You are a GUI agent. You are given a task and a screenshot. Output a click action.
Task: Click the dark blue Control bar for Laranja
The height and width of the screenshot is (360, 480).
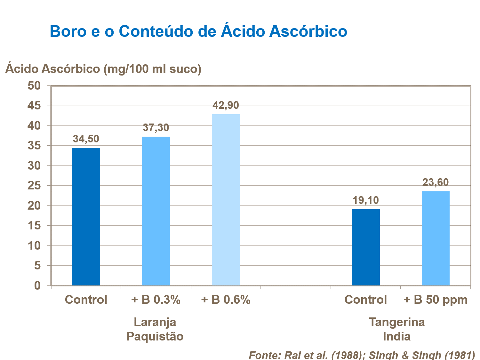tap(86, 217)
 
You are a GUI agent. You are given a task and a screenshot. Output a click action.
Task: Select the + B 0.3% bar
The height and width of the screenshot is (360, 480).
tap(156, 211)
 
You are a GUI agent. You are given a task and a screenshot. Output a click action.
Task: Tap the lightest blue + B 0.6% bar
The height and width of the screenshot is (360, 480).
tap(226, 200)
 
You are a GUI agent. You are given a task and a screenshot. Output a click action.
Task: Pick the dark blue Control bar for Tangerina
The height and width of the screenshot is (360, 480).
tap(365, 247)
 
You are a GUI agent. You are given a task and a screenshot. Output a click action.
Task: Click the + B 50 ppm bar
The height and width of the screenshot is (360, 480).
tap(436, 238)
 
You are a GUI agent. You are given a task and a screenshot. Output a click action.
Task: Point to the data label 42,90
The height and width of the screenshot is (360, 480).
tap(226, 105)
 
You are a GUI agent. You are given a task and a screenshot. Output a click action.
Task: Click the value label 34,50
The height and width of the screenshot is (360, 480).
tap(86, 139)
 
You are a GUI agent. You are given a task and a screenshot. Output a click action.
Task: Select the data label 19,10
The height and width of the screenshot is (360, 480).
tap(365, 200)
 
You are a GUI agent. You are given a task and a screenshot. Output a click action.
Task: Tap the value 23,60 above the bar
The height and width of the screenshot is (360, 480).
tap(436, 182)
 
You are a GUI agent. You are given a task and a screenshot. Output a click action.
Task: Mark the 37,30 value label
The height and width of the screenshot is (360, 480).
tap(156, 128)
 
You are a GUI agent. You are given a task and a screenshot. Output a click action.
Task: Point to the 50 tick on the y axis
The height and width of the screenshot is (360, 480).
tap(34, 86)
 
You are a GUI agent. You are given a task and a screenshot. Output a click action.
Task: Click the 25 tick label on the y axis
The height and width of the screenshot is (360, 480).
tap(34, 186)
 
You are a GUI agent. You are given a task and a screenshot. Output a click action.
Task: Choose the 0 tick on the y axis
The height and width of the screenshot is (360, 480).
tap(38, 285)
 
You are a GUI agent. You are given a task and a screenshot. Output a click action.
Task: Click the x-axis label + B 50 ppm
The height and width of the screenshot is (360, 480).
tap(436, 300)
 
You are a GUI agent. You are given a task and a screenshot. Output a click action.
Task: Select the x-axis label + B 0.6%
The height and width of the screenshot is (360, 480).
tap(226, 300)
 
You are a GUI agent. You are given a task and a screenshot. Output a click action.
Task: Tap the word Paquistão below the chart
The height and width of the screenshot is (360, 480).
tap(155, 337)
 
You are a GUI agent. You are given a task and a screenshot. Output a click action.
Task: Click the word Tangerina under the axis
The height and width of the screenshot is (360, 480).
tap(397, 322)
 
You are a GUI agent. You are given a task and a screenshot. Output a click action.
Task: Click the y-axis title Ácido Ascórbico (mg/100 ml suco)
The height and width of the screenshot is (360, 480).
tap(103, 69)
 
